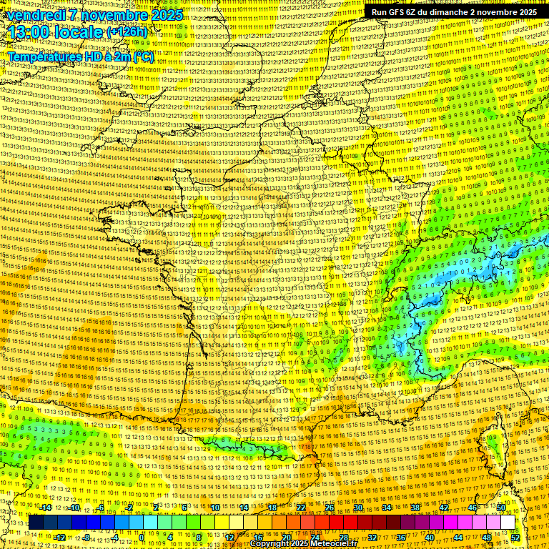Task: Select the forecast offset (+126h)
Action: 127,32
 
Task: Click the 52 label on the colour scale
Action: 515,538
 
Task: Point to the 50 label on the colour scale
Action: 501,508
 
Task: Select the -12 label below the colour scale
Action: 60,538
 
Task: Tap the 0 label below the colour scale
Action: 142,538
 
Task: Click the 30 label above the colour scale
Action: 358,508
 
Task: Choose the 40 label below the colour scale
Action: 430,538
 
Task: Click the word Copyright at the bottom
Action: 271,544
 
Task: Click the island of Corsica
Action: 493,450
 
